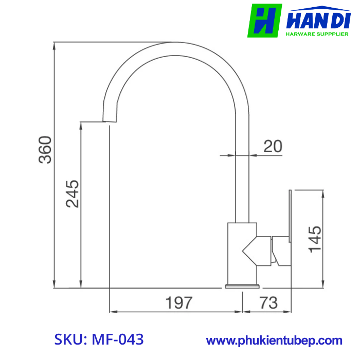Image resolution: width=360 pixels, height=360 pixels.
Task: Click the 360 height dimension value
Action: click(46, 150)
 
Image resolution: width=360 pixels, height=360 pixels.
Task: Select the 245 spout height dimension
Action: click(73, 193)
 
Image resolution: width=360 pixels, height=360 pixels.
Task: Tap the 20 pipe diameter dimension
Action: click(273, 146)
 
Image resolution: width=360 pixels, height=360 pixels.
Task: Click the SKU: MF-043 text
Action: click(99, 340)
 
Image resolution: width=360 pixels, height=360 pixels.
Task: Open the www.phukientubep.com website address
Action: click(274, 340)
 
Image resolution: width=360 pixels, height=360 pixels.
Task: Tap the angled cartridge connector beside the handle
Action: click(264, 251)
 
